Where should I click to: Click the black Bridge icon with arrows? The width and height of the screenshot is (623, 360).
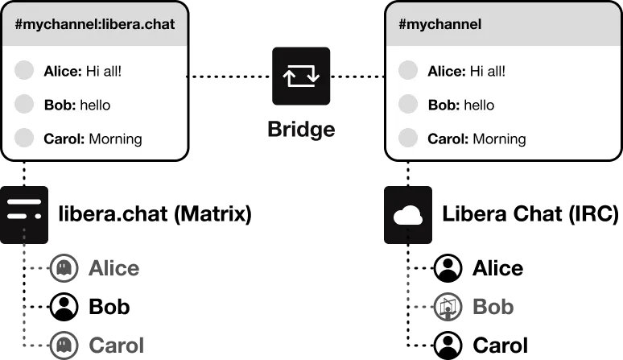pos(301,76)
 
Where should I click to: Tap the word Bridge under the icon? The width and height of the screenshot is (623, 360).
pos(301,130)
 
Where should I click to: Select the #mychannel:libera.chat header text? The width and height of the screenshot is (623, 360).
pos(95,24)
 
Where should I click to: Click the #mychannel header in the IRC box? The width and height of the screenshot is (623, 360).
pos(439,24)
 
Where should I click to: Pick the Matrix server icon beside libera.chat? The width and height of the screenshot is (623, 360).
pos(24,215)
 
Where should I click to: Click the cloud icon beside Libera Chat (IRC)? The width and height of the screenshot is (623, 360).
pos(408,215)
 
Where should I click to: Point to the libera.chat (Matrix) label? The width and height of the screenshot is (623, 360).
pos(155,213)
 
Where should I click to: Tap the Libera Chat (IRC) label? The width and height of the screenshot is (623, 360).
pos(530,213)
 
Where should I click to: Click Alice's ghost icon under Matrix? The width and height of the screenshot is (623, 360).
pos(64,268)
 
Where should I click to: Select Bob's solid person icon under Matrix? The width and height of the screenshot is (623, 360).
pos(64,307)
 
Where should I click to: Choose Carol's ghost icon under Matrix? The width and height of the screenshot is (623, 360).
pos(64,345)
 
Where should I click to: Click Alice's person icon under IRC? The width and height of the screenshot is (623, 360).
pos(448,268)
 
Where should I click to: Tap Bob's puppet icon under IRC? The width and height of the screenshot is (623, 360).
pos(448,307)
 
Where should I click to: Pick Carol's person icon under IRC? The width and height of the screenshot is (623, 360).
pos(448,345)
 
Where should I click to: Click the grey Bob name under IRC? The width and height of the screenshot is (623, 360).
pos(493,307)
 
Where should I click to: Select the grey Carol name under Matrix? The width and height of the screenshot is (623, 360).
pos(117,346)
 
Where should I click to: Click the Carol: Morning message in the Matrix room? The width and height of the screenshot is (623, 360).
pos(93,139)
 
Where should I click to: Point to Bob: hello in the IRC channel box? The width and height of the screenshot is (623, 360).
pos(461,105)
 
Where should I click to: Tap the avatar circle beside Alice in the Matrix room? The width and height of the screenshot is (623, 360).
pos(24,70)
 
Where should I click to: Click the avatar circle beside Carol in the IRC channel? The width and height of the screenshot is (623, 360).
pos(408,138)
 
